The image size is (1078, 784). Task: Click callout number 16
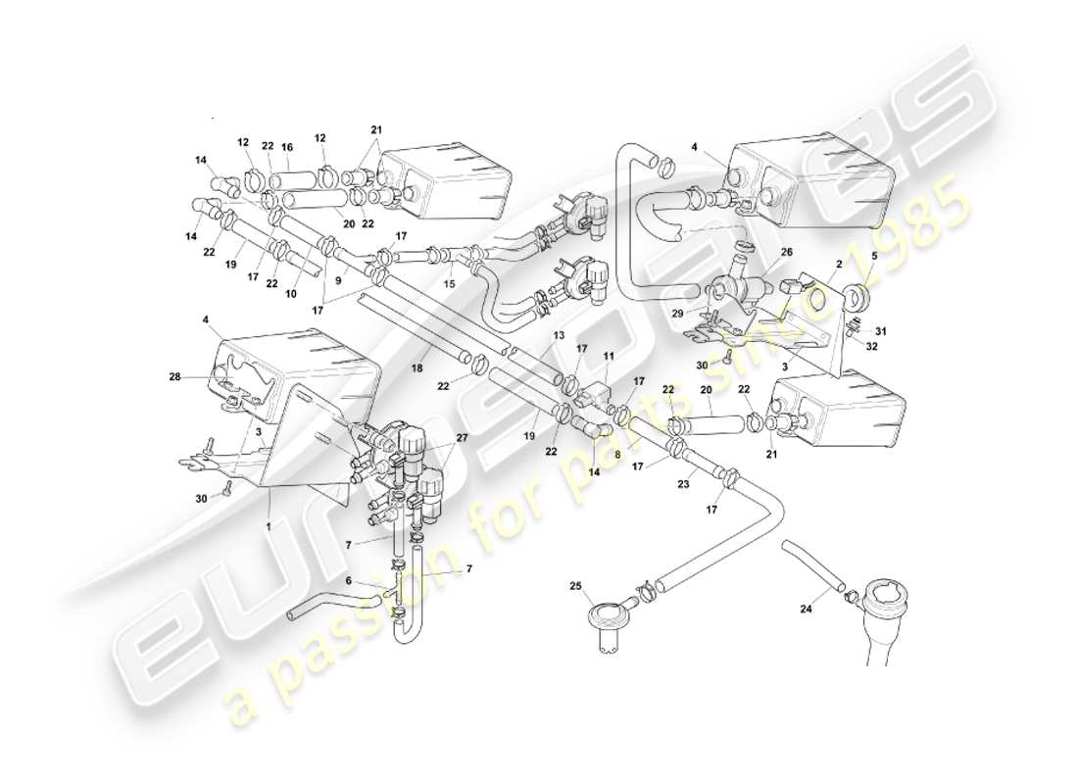coord(287,147)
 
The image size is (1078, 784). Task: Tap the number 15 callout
coord(450,283)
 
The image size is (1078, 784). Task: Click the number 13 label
coord(558,335)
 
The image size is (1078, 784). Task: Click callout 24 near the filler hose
coord(807,609)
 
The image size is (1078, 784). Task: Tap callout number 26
coord(786,252)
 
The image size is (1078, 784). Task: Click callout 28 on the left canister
coord(202,376)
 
